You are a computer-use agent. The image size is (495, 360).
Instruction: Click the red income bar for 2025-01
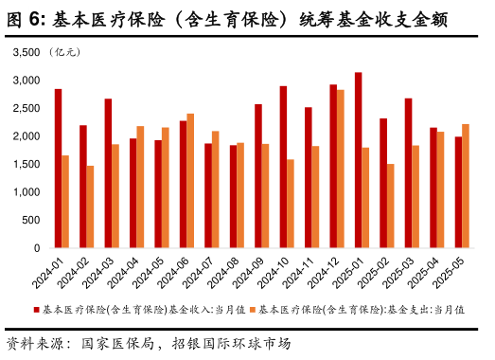[x=359, y=160]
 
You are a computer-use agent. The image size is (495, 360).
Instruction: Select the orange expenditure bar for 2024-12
[x=341, y=169]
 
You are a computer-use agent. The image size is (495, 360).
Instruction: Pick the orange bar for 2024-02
[x=91, y=207]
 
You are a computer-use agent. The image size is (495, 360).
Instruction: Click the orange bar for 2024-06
[x=190, y=181]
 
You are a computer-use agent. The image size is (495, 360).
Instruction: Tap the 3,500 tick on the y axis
[x=27, y=53]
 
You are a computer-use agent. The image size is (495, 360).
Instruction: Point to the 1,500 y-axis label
[x=27, y=165]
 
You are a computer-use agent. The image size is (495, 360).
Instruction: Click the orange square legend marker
[x=253, y=309]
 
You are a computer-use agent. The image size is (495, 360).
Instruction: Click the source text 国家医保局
[x=117, y=342]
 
